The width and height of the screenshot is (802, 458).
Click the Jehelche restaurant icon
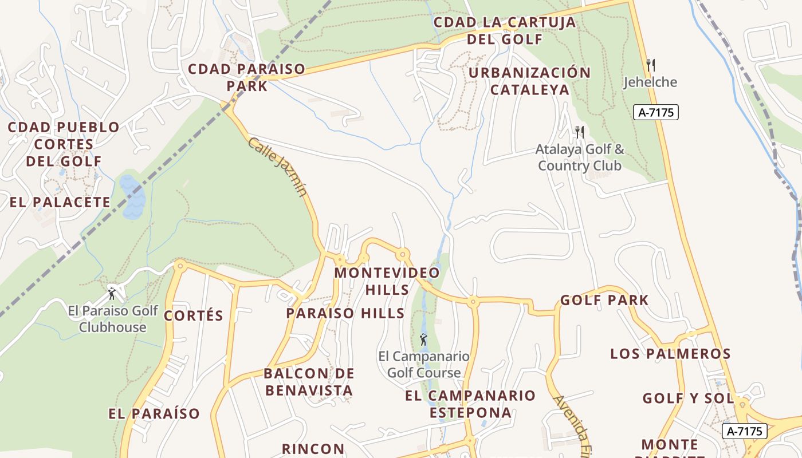(650, 65)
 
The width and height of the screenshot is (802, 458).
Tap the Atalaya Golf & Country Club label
(580, 157)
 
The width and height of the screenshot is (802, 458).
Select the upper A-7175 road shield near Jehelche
(655, 112)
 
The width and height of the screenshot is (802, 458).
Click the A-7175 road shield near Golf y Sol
(744, 431)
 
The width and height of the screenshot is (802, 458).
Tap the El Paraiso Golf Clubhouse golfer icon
(112, 294)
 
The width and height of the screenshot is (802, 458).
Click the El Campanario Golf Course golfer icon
(423, 339)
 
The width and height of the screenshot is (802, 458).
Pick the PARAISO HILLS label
(345, 313)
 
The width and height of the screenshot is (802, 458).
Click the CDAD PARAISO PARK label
(247, 77)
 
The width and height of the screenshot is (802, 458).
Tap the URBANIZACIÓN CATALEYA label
(530, 81)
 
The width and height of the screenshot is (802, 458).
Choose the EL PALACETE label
(60, 202)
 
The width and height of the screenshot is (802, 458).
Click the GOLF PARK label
(604, 300)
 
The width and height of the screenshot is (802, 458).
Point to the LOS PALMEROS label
(670, 353)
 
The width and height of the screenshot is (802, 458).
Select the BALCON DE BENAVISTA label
(309, 382)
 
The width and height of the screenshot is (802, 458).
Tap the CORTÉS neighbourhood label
(194, 315)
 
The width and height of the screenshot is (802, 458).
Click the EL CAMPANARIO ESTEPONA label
(470, 404)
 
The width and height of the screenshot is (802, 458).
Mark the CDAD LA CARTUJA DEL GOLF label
(505, 30)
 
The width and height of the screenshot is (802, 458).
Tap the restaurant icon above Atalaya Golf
(579, 132)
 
